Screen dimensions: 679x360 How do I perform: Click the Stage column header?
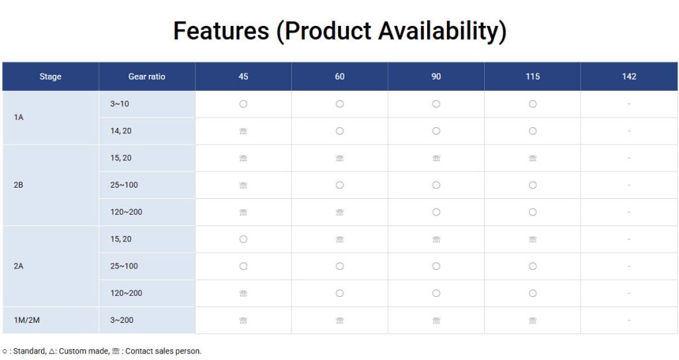pyautogui.click(x=50, y=77)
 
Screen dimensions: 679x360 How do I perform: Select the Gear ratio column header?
pyautogui.click(x=147, y=77)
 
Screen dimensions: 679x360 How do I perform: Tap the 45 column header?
pyautogui.click(x=243, y=77)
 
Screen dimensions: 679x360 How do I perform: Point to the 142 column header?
pyautogui.click(x=629, y=77)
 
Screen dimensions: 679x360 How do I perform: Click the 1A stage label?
pyautogui.click(x=19, y=117)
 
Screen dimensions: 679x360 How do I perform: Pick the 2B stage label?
pyautogui.click(x=19, y=185)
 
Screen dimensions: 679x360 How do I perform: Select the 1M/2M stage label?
pyautogui.click(x=27, y=320)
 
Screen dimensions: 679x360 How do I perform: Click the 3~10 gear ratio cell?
pyautogui.click(x=119, y=104)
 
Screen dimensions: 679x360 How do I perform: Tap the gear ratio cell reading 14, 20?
pyautogui.click(x=121, y=131)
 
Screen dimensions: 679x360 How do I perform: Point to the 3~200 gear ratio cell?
pyautogui.click(x=122, y=320)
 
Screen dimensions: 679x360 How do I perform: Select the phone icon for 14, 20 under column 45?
pyautogui.click(x=243, y=131)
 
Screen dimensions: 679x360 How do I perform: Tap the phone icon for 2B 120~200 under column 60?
pyautogui.click(x=340, y=212)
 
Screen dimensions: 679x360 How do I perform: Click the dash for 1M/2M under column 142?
pyautogui.click(x=629, y=320)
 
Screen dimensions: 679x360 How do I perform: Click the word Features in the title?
pyautogui.click(x=221, y=30)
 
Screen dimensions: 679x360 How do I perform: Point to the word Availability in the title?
pyautogui.click(x=442, y=32)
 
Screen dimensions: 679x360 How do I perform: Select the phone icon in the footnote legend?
pyautogui.click(x=115, y=351)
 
